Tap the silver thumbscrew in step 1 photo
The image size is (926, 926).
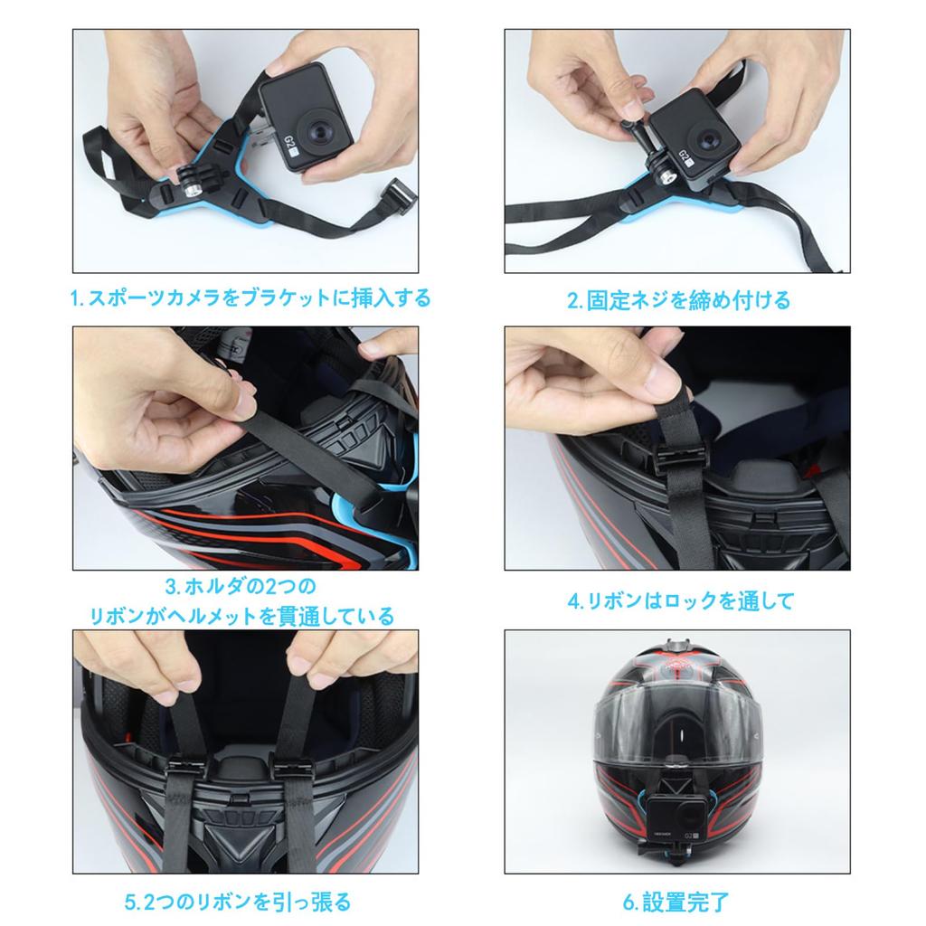[x=192, y=191]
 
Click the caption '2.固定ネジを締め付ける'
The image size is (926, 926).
[x=678, y=300]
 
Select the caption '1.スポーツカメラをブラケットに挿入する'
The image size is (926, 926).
[x=250, y=298]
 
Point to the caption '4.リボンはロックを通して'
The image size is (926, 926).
[x=681, y=601]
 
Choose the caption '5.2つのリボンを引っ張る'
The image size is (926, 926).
[x=238, y=902]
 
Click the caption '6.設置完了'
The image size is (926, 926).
[x=676, y=902]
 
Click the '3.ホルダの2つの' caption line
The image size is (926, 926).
[x=241, y=586]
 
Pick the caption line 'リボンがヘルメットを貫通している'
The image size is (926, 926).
[x=241, y=617]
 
